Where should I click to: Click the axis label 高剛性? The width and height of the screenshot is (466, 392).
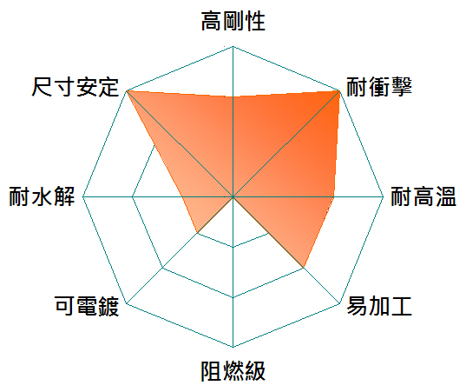[x=233, y=21]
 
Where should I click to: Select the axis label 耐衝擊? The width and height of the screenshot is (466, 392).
[x=379, y=87]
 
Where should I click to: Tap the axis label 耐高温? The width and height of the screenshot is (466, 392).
[x=423, y=196]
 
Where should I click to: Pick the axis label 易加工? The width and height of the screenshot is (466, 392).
[x=379, y=306]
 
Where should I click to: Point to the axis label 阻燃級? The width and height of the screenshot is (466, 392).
[x=233, y=371]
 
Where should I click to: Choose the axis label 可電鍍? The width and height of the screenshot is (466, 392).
[x=87, y=306]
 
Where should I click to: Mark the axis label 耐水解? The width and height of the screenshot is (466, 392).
[x=42, y=196]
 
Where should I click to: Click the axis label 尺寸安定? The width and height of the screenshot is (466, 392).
[x=75, y=87]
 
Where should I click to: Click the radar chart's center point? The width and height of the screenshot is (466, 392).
[x=233, y=196]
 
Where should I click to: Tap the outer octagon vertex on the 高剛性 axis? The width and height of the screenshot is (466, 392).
[x=233, y=46]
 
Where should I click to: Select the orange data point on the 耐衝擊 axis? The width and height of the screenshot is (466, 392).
[x=339, y=90]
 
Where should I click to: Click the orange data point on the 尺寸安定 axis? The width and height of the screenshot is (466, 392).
[x=127, y=90]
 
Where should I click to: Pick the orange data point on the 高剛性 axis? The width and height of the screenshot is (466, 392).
[x=233, y=96]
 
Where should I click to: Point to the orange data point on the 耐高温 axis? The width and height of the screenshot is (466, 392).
[x=333, y=196]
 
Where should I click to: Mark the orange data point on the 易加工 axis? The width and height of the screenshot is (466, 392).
[x=304, y=268]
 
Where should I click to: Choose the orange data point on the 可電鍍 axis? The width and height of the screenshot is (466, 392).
[x=197, y=232]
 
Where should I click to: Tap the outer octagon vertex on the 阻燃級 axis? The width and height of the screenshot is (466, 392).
[x=233, y=347]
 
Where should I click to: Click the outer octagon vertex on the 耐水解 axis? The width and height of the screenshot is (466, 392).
[x=83, y=196]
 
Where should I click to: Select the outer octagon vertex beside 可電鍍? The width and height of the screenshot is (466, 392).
[x=127, y=303]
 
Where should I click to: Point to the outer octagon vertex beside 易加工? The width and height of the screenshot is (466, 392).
[x=339, y=303]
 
